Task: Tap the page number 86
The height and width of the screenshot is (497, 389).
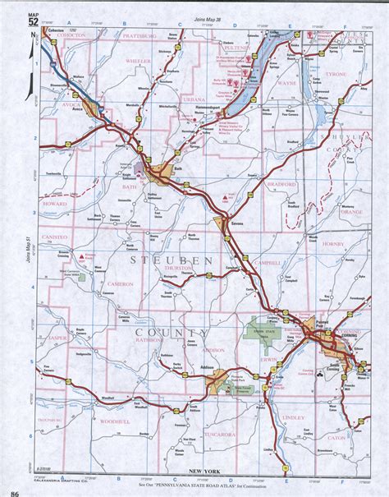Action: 15,489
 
